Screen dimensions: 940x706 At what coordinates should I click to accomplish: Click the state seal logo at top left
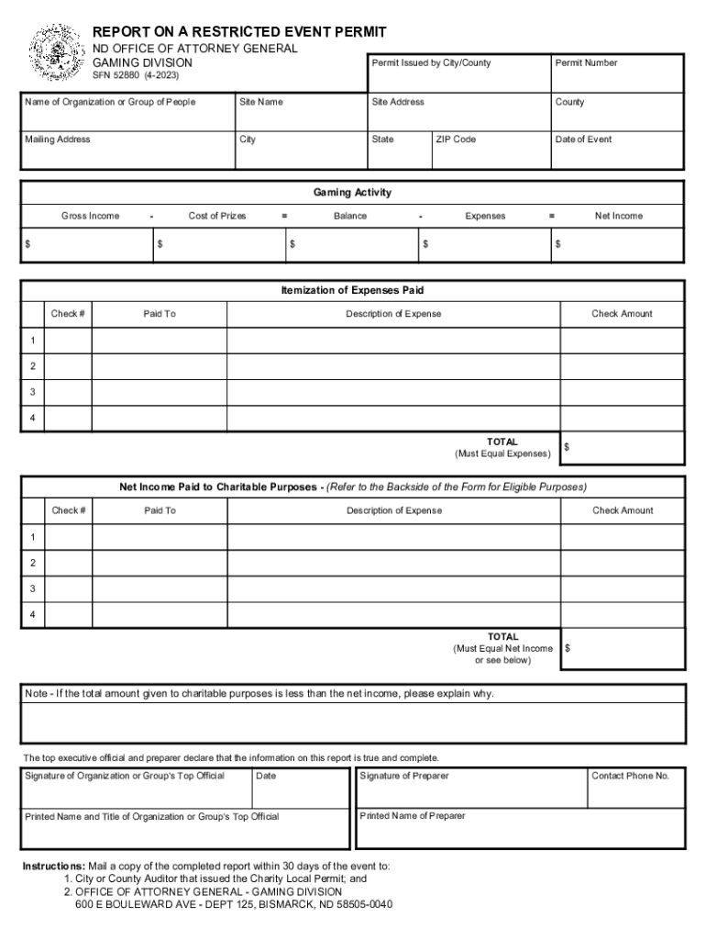pos(55,53)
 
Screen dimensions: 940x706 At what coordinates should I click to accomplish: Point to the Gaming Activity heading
pos(352,193)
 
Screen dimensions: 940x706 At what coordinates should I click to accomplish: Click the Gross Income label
pos(90,216)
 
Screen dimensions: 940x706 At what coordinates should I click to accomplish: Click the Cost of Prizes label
pos(217,216)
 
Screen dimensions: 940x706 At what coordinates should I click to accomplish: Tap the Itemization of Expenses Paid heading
pos(352,290)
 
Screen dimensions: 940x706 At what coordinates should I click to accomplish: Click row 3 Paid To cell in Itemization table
pos(159,392)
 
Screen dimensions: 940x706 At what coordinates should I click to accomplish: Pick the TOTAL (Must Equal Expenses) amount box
pos(622,448)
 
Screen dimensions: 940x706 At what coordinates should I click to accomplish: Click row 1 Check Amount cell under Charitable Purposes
pos(622,537)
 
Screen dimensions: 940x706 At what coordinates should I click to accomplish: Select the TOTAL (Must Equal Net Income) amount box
pos(622,648)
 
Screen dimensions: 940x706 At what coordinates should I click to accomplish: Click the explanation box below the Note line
pos(352,722)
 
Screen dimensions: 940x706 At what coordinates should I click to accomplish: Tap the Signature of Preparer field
pos(469,789)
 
